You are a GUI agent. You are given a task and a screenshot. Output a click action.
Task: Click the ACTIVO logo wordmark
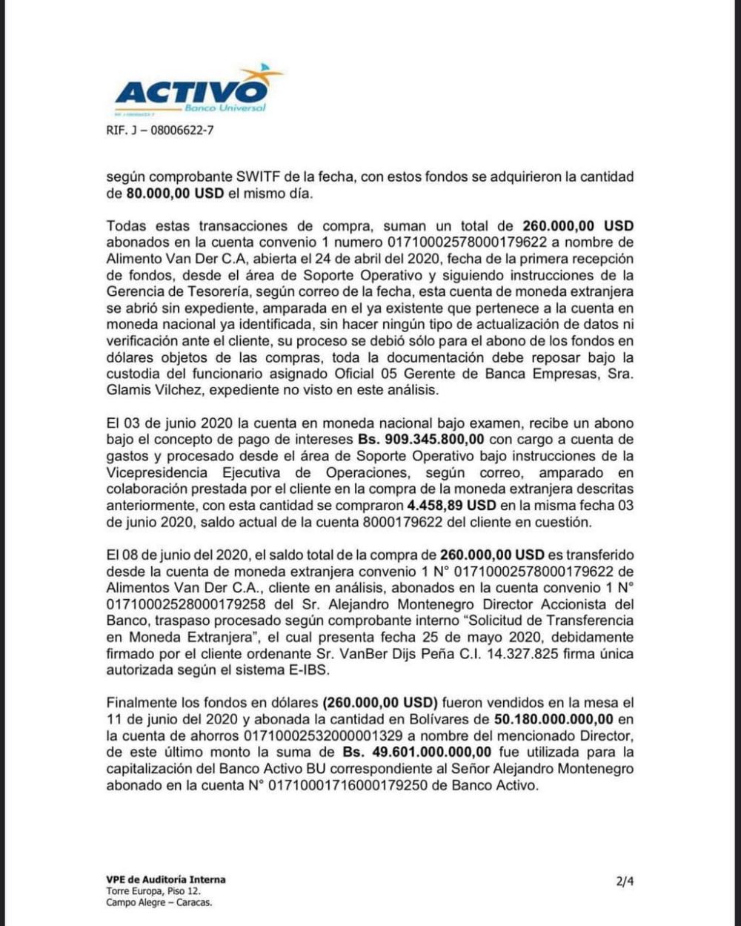[x=191, y=93]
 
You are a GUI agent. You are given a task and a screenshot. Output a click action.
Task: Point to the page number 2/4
[x=625, y=882]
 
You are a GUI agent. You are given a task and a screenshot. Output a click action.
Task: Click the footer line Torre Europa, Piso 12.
[x=153, y=890]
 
